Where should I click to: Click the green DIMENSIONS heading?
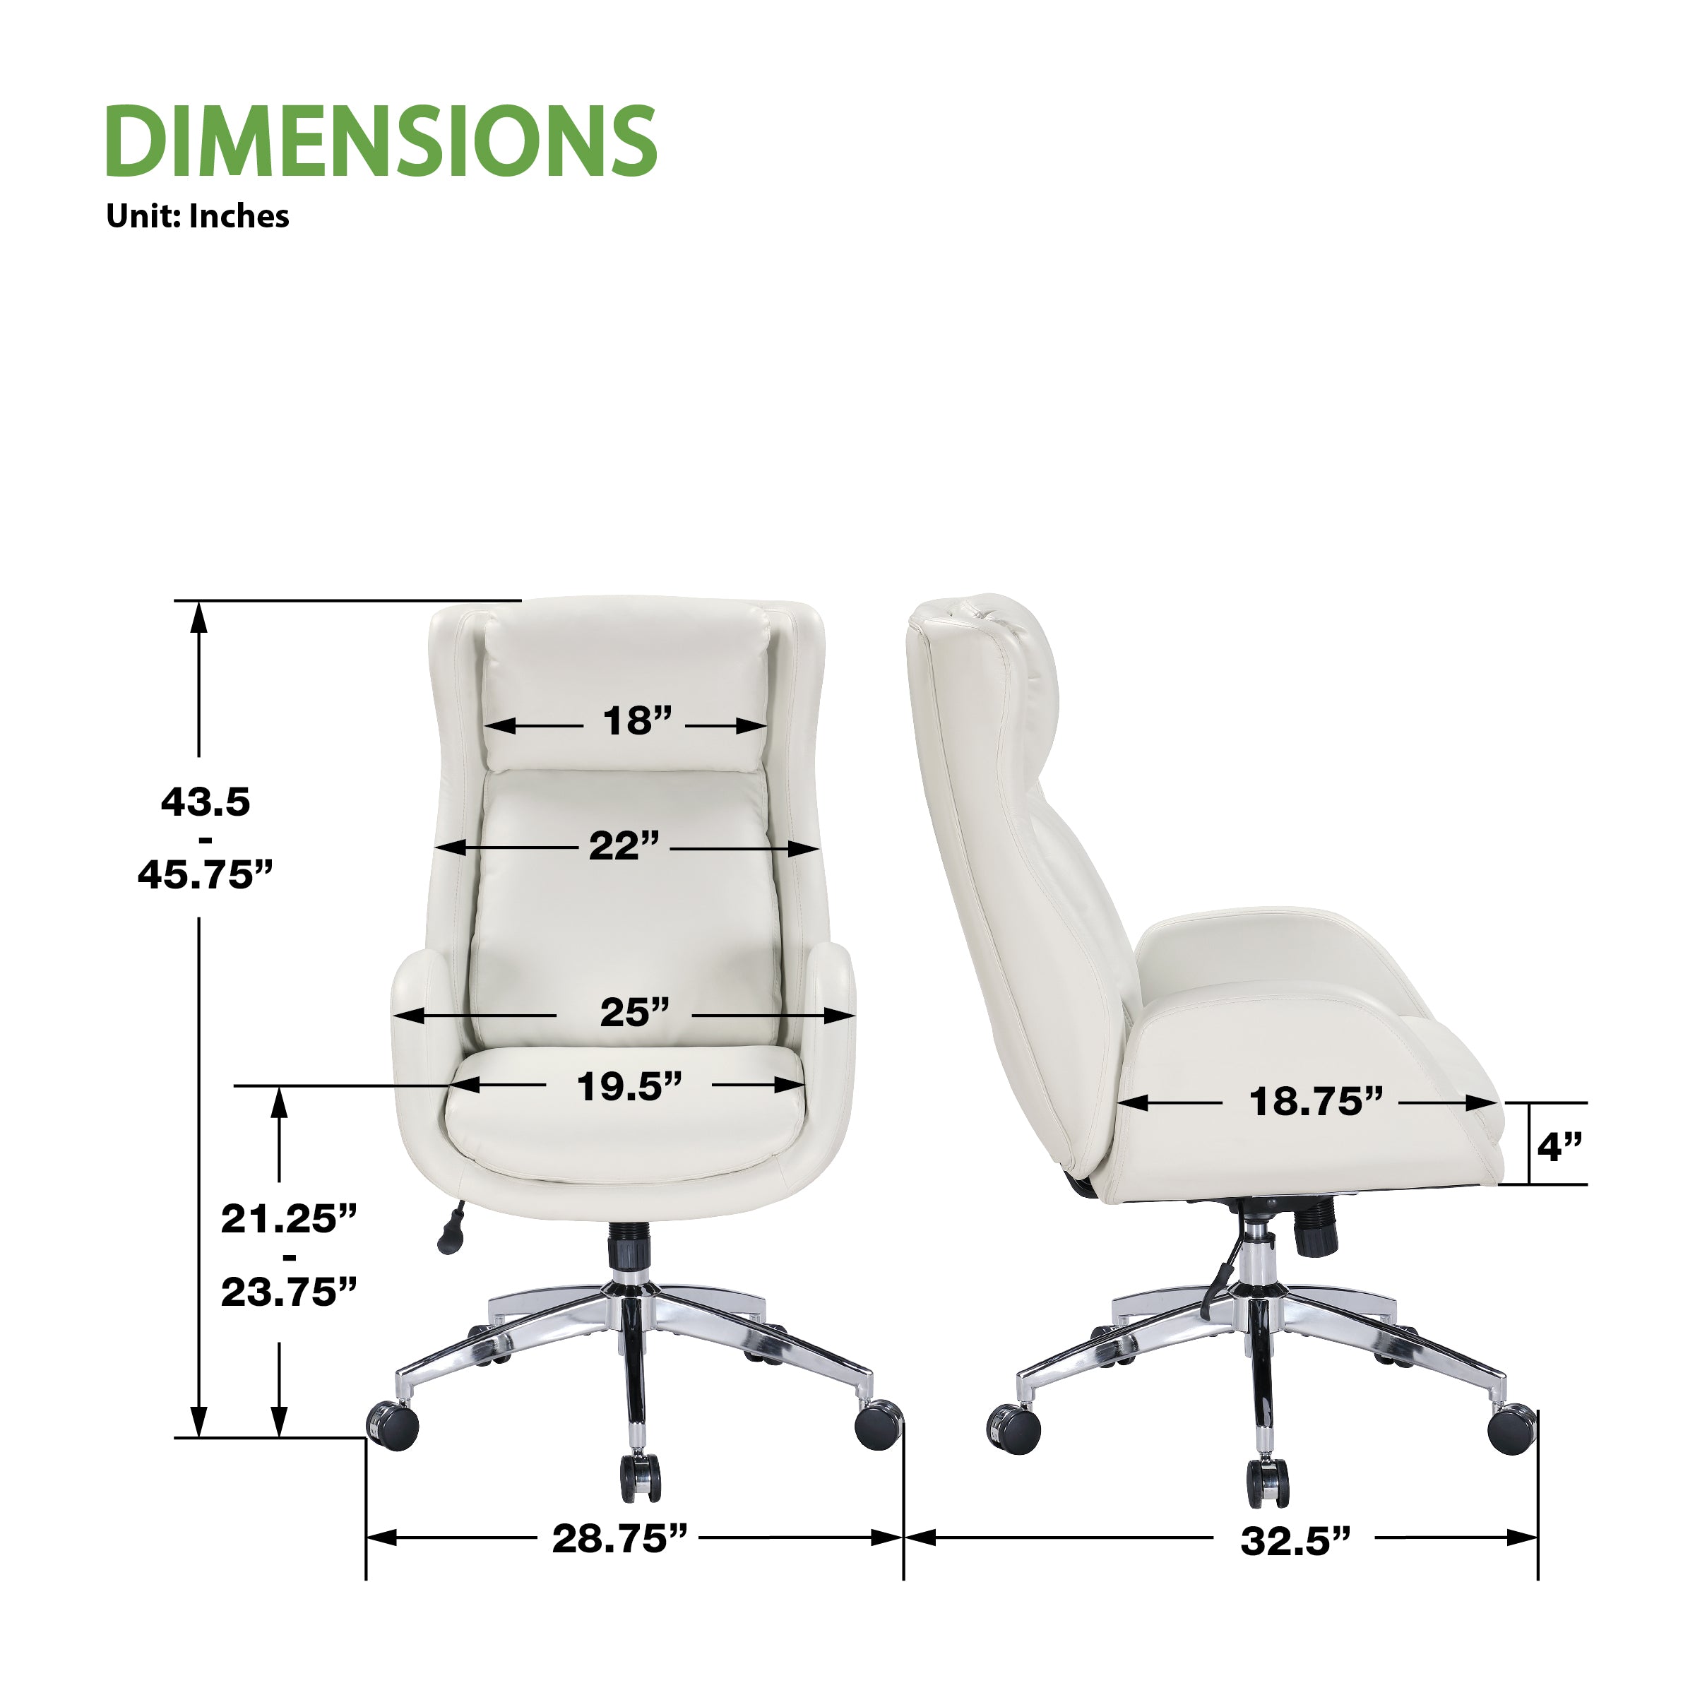click(x=381, y=141)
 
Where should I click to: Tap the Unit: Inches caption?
click(x=198, y=216)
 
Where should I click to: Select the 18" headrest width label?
click(x=637, y=720)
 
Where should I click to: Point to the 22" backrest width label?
click(x=624, y=846)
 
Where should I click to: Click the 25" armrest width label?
click(x=634, y=1013)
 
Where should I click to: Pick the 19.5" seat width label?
click(x=629, y=1086)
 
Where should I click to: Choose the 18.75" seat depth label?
click(x=1316, y=1101)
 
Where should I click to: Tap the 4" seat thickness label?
click(x=1559, y=1147)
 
